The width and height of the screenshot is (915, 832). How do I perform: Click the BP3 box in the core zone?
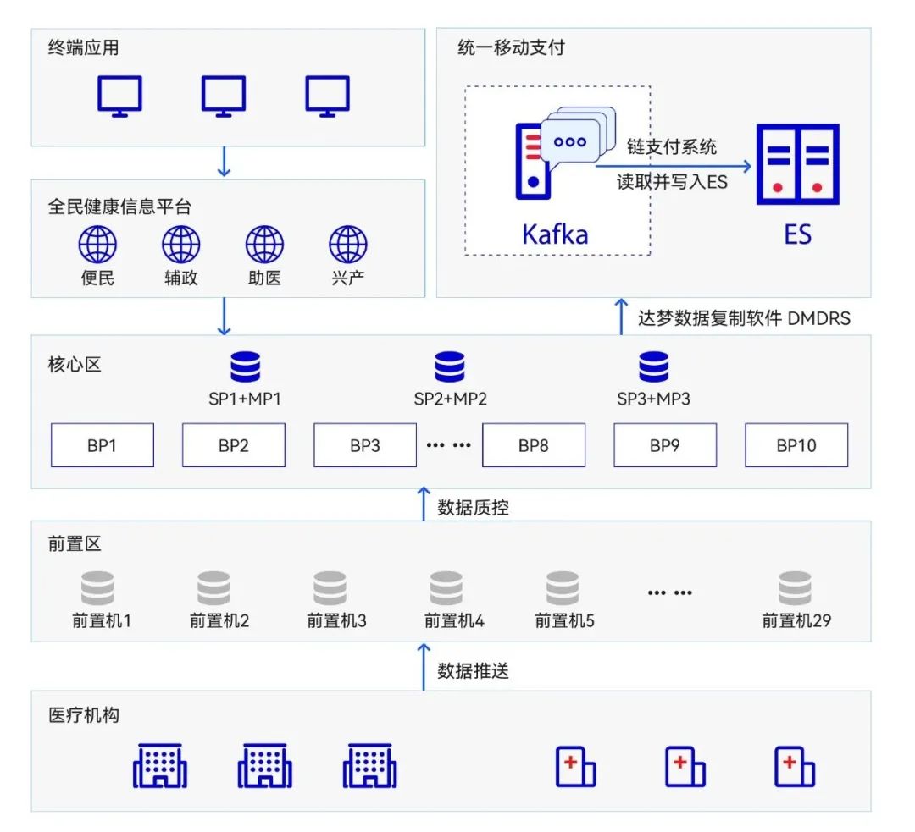[x=365, y=445]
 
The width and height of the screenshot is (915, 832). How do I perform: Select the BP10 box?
[x=796, y=445]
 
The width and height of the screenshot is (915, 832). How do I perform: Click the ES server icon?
[x=797, y=164]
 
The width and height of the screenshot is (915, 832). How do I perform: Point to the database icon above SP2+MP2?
[x=450, y=367]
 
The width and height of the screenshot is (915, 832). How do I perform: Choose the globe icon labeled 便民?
[x=97, y=245]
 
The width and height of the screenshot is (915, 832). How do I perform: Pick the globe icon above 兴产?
[x=348, y=245]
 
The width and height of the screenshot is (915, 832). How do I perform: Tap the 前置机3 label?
[x=336, y=621]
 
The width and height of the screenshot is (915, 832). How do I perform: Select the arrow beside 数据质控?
[x=424, y=504]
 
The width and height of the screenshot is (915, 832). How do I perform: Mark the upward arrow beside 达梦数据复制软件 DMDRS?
[x=621, y=316]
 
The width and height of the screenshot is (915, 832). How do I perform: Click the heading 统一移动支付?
[x=511, y=47]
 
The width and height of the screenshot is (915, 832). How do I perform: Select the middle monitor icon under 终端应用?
[x=224, y=96]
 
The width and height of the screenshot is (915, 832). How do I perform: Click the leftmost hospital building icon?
[x=159, y=766]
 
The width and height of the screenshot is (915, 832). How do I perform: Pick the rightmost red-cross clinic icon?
[x=795, y=766]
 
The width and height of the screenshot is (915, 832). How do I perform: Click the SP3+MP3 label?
[x=653, y=398]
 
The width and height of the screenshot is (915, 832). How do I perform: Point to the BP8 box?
[x=534, y=445]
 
